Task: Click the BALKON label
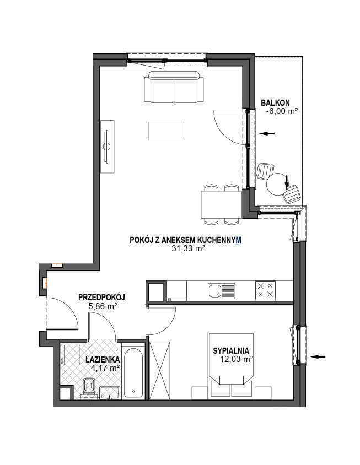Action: [275, 103]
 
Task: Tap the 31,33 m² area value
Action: [189, 249]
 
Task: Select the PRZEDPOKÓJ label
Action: [101, 297]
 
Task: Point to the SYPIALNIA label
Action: [231, 351]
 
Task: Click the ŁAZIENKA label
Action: [103, 359]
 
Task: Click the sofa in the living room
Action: [174, 87]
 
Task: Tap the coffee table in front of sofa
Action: [167, 131]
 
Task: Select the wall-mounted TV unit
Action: [107, 147]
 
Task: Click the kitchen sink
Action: [222, 291]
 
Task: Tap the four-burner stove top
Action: [265, 290]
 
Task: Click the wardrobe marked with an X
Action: [160, 371]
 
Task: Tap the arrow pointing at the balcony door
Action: [267, 133]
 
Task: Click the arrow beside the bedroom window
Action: [318, 356]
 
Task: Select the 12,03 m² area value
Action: [237, 359]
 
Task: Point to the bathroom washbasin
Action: [110, 393]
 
